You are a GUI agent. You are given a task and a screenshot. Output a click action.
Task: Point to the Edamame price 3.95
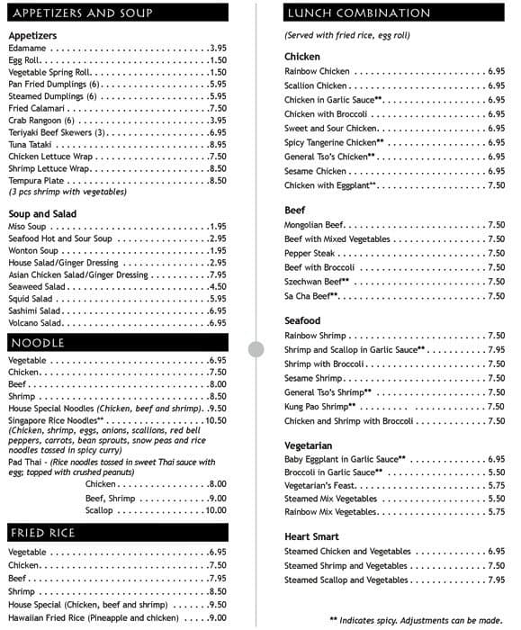pyautogui.click(x=218, y=48)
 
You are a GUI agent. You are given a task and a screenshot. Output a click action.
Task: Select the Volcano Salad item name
pyautogui.click(x=35, y=322)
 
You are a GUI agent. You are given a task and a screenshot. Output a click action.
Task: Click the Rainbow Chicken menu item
pyautogui.click(x=317, y=71)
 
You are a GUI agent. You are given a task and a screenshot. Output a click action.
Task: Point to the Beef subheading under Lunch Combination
pyautogui.click(x=295, y=210)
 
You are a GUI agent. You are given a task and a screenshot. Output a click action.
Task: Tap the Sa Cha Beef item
pyautogui.click(x=311, y=295)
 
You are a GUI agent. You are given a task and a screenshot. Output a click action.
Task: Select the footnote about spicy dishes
pyautogui.click(x=417, y=619)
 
